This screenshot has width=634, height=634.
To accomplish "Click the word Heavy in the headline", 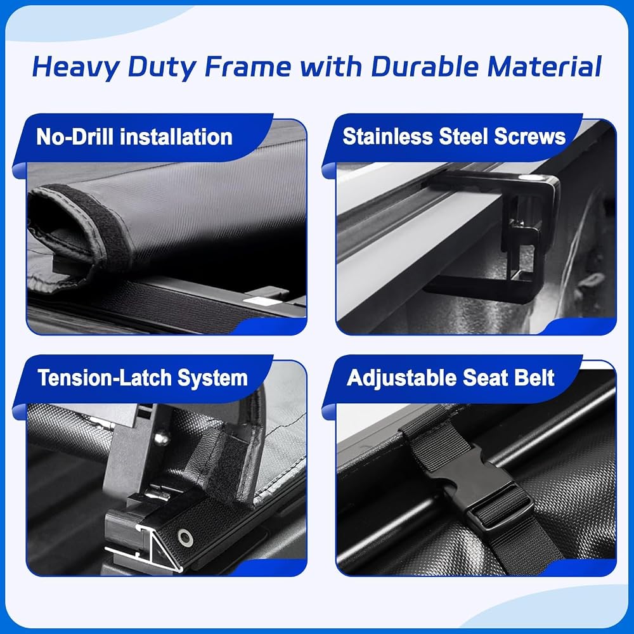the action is pos(75,67).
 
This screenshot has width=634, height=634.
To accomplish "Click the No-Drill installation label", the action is pos(134,137).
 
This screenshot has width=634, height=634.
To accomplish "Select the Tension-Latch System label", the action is pos(142,378).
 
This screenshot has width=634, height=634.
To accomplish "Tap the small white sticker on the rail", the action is pos(258,301).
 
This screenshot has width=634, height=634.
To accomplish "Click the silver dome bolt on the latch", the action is pos(161,437).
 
